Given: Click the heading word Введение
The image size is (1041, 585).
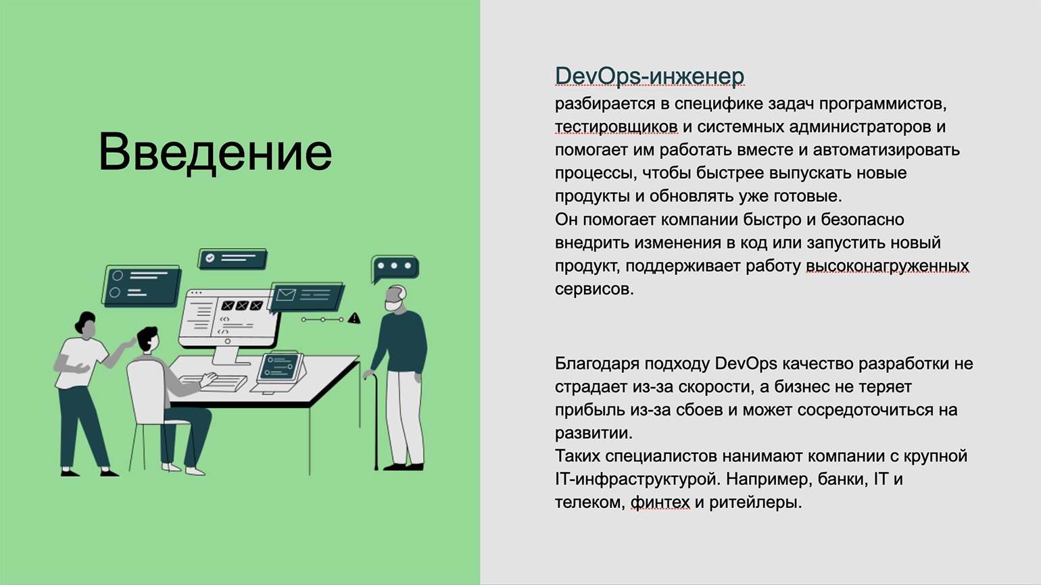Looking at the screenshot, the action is tap(215, 152).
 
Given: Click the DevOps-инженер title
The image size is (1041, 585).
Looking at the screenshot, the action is tap(650, 76).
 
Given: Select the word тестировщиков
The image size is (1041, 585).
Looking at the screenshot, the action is tap(616, 127).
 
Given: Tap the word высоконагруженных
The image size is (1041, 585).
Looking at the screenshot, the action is tap(887, 266).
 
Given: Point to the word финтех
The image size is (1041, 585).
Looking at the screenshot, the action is tap(660, 503).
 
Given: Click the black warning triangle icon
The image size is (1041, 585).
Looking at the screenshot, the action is tap(354, 318).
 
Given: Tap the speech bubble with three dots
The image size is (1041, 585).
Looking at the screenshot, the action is tap(395, 268).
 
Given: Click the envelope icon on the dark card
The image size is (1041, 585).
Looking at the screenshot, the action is tap(286, 295).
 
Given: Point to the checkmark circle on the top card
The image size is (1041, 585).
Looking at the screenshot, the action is tap(210, 257).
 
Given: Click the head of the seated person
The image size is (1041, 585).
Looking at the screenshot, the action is tap(148, 339).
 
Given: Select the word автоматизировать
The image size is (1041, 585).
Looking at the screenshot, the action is tap(886, 150).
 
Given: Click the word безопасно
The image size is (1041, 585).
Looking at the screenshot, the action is tap(863, 220).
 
